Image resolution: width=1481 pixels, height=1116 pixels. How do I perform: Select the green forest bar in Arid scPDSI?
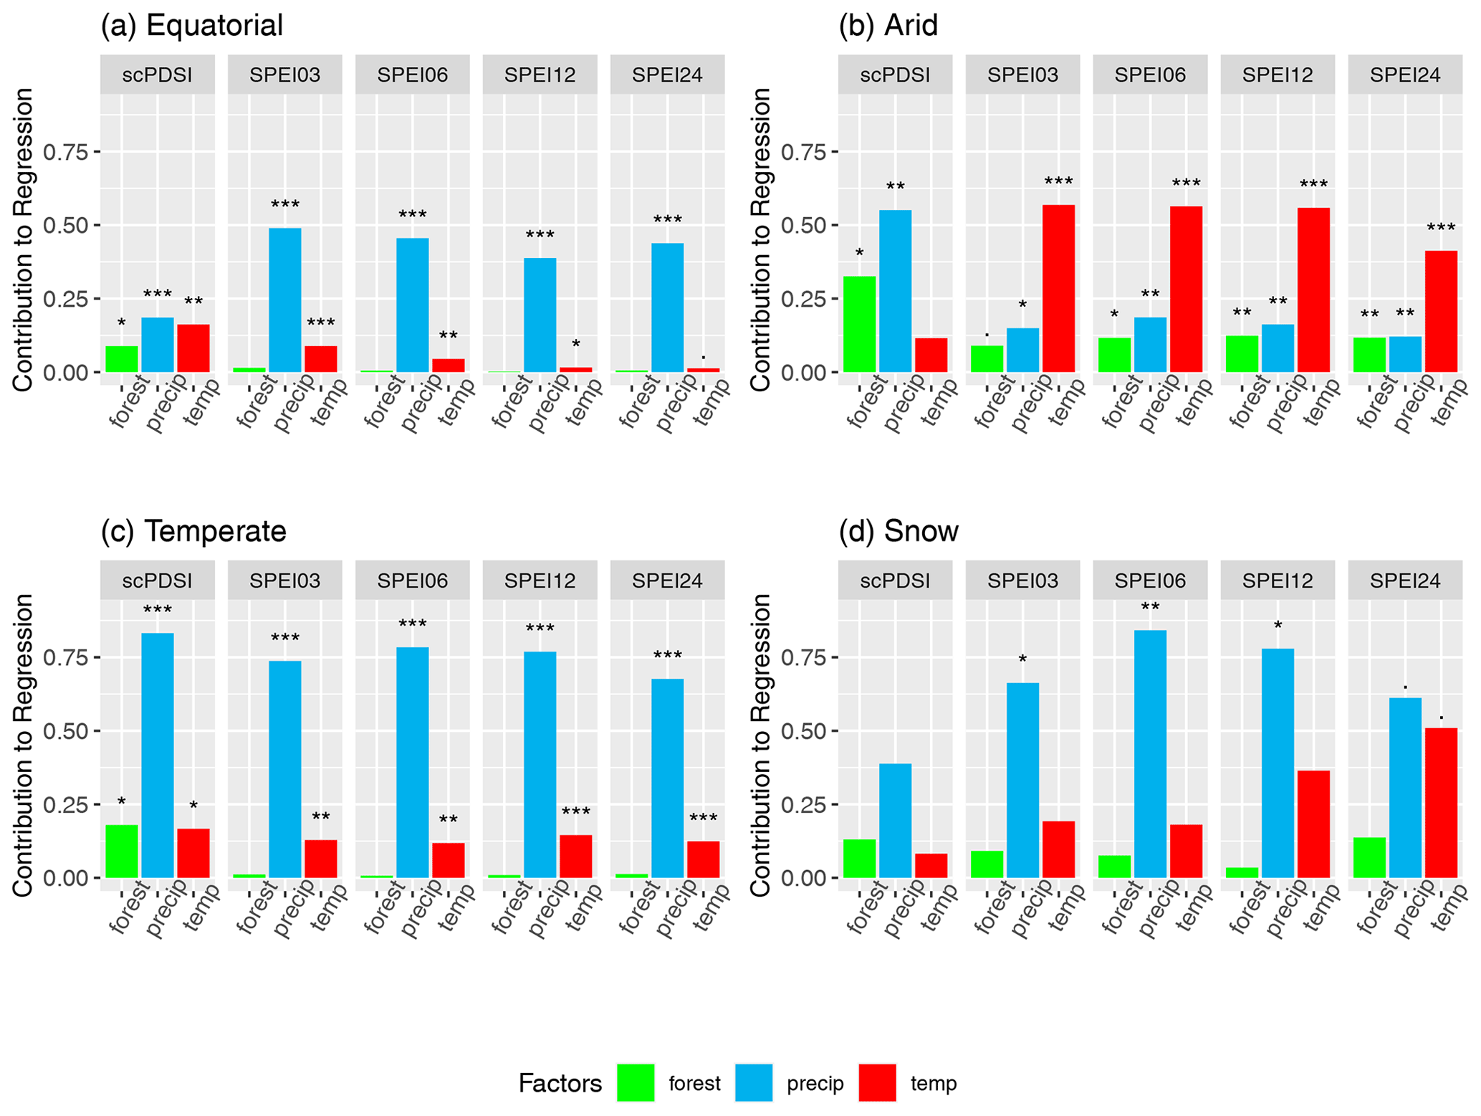pos(859,324)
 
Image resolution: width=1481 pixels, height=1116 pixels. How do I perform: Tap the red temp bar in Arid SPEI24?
pos(1440,311)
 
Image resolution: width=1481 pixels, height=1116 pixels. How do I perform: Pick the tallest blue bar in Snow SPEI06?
pos(1150,753)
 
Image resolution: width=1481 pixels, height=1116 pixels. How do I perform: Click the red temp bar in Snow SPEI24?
pos(1440,802)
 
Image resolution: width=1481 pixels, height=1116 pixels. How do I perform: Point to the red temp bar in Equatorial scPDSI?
pos(193,348)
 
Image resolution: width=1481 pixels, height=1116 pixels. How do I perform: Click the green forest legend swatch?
pos(635,1082)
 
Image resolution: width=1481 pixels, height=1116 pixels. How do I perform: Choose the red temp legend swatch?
pos(877,1082)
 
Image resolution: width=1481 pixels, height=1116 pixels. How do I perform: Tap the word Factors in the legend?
pos(560,1083)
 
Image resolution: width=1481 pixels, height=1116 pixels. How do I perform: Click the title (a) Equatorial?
pos(192,26)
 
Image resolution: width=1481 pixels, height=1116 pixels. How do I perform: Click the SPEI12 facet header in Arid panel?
pos(1278,75)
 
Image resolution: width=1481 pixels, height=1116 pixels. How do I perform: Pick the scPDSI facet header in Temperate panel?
pos(157,580)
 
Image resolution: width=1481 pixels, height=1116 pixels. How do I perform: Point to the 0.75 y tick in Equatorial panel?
pos(66,152)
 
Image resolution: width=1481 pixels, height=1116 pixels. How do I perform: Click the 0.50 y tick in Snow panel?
pos(804,731)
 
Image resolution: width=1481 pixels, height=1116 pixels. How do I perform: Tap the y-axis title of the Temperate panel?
pos(24,745)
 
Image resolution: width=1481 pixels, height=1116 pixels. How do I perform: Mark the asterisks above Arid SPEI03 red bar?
pos(1058,182)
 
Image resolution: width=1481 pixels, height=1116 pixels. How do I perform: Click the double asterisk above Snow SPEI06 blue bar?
pos(1150,609)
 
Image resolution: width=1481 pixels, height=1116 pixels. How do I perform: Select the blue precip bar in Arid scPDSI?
pos(895,291)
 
